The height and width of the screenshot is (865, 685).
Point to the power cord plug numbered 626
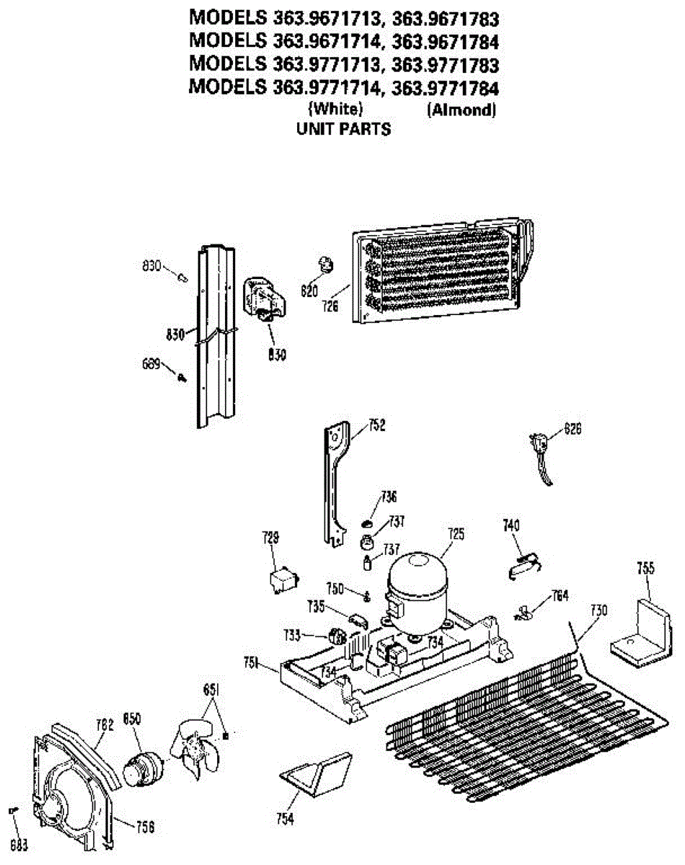pyautogui.click(x=540, y=444)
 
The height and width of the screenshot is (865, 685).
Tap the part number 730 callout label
pyautogui.click(x=598, y=610)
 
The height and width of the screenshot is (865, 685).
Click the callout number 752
pyautogui.click(x=376, y=425)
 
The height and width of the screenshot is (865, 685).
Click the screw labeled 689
pyautogui.click(x=181, y=376)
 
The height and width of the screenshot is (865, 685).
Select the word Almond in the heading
pyautogui.click(x=461, y=110)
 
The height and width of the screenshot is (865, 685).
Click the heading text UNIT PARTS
pyautogui.click(x=344, y=130)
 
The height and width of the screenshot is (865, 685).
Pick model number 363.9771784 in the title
pyautogui.click(x=445, y=88)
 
